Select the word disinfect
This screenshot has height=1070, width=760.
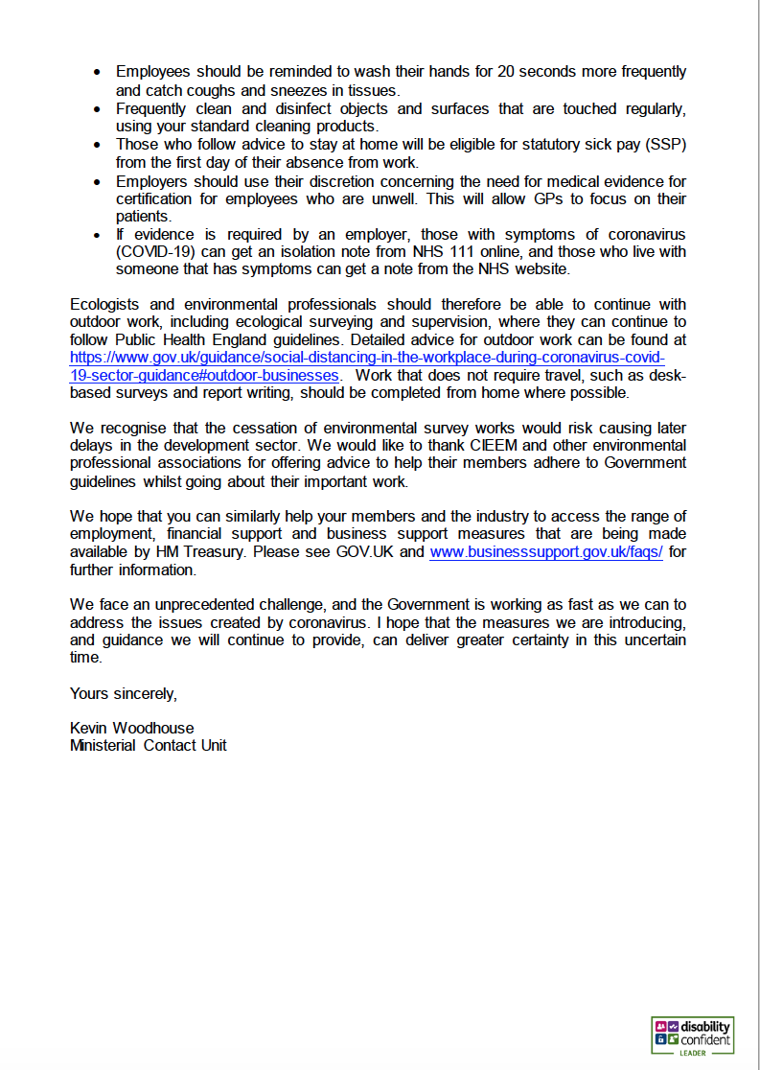(267, 108)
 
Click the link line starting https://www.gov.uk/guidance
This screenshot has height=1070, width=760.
(367, 357)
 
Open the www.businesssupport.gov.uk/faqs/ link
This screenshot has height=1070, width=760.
(545, 552)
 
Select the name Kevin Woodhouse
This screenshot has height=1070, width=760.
(131, 728)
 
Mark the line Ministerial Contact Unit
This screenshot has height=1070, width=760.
(148, 745)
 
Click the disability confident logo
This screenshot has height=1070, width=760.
(692, 1035)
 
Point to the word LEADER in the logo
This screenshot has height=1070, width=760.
(693, 1052)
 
